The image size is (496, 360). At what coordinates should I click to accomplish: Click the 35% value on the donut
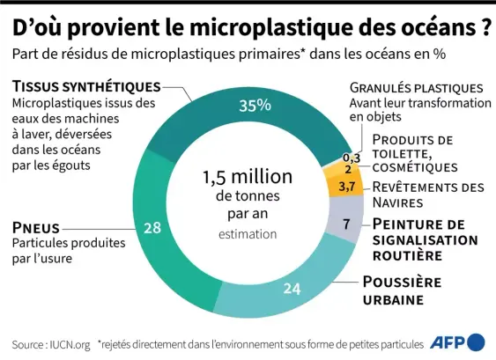[x=254, y=107]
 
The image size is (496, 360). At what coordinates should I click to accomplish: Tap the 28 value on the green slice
[x=152, y=228]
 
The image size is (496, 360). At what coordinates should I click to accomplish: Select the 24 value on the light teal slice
[x=292, y=288]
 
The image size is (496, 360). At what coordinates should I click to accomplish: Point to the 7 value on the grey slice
[x=346, y=224]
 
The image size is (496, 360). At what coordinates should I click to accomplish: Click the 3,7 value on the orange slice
[x=346, y=187]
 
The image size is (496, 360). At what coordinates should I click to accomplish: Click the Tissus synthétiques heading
[x=86, y=86]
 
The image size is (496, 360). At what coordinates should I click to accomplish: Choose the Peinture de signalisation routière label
[x=425, y=239]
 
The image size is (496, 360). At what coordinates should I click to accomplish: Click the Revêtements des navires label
[x=428, y=195]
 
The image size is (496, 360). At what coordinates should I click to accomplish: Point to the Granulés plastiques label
[x=416, y=88]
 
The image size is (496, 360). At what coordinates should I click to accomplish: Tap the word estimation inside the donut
[x=248, y=234]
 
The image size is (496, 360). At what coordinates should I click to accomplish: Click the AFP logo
[x=456, y=342]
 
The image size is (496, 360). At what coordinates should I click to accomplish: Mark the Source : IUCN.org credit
[x=51, y=343]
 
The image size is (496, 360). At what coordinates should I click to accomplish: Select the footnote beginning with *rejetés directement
[x=260, y=343]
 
